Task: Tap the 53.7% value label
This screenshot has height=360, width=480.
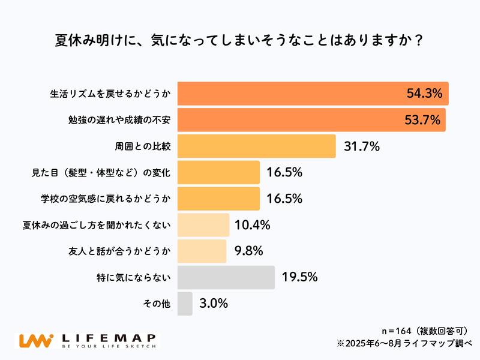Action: pos(424,120)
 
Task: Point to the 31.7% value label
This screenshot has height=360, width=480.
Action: pos(361,146)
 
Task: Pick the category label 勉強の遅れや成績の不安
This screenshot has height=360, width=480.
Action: pos(119,121)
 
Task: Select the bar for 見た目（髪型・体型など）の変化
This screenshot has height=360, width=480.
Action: pos(218,173)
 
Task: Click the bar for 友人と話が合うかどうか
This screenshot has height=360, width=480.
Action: pos(202,251)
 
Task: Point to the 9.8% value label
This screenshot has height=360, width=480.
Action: pos(247,251)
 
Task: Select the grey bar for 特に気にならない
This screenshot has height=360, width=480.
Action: pos(226,277)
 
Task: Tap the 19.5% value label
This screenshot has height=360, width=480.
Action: pos(298,277)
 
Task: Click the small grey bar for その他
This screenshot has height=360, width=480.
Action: pos(185,304)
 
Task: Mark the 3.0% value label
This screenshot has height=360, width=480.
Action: pos(213,304)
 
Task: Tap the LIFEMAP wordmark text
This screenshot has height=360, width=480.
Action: pos(109,338)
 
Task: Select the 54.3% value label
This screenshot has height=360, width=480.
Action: pos(424,94)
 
